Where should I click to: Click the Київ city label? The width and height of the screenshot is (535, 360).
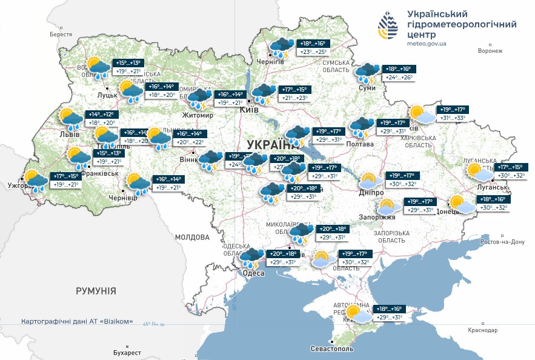tap(250, 110)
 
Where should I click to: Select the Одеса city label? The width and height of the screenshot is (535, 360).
tap(253, 274)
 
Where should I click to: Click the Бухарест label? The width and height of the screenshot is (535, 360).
tap(127, 353)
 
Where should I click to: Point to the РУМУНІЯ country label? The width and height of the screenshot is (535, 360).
tap(96, 292)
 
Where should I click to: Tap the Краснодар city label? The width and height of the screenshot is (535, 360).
tap(482, 330)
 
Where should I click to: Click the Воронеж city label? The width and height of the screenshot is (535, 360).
tap(490, 50)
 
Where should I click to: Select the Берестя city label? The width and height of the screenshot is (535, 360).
tap(61, 35)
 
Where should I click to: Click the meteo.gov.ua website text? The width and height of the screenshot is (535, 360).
tap(427, 44)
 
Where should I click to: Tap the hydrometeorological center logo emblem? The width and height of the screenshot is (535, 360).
tap(388, 27)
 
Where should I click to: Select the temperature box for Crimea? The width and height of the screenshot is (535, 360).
tap(389, 313)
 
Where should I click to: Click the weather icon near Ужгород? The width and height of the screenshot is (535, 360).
tap(36, 180)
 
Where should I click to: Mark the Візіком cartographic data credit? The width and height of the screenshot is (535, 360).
tap(77, 322)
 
